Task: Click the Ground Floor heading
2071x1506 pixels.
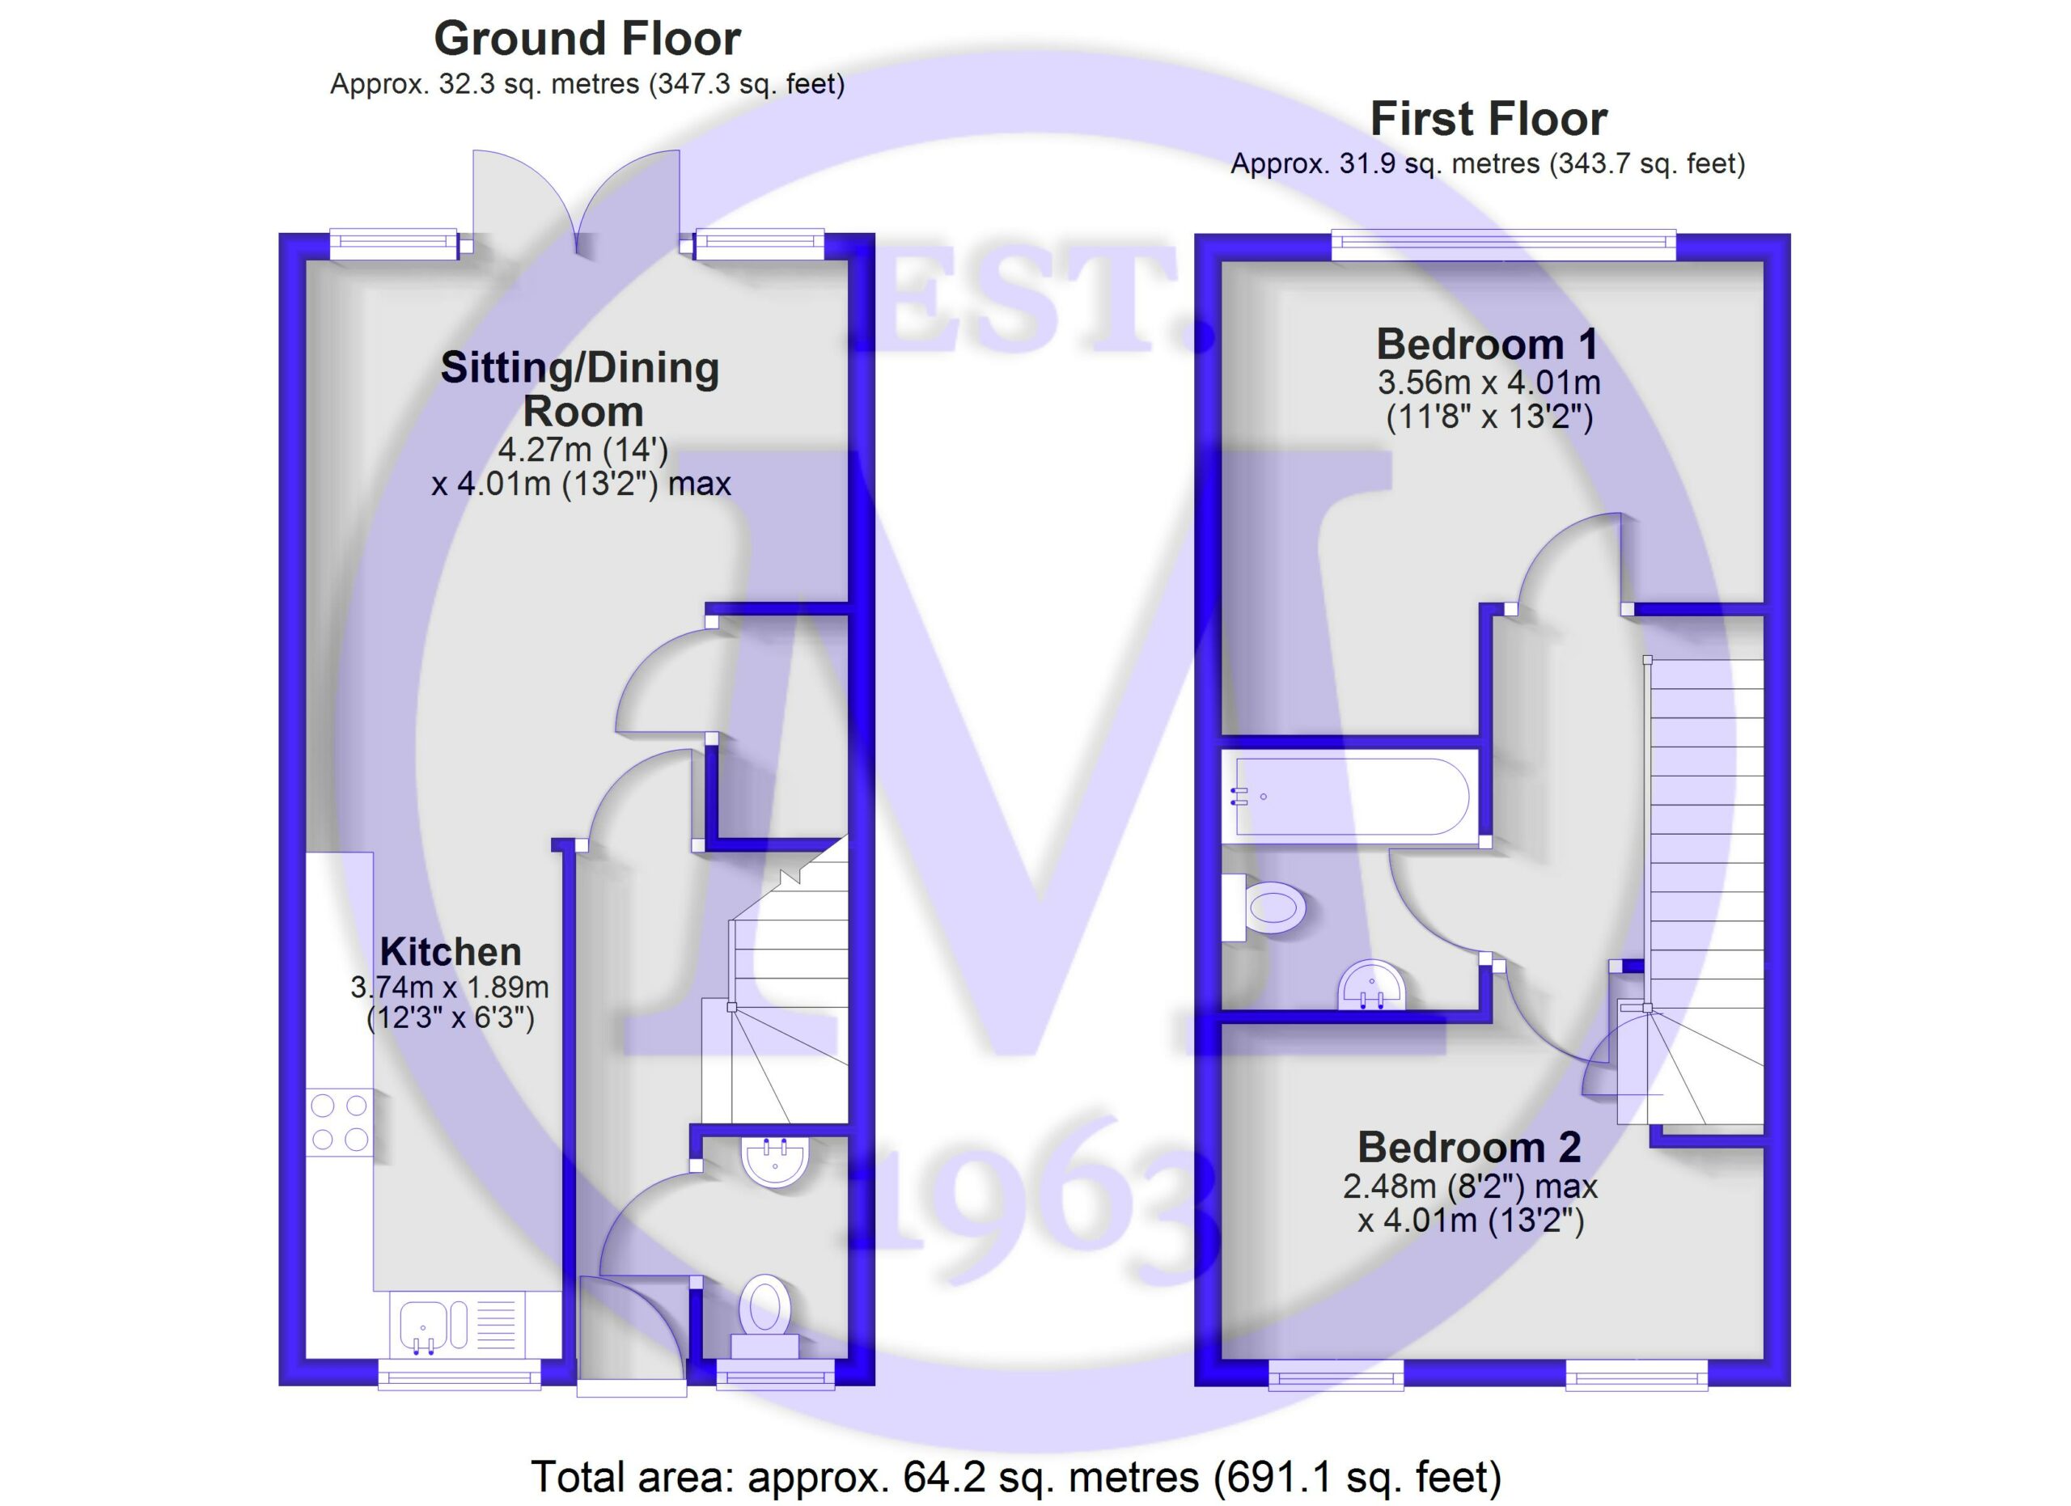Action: (587, 40)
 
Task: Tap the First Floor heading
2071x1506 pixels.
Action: (1489, 120)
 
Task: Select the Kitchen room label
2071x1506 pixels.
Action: (450, 952)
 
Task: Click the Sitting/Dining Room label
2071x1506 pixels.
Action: (581, 390)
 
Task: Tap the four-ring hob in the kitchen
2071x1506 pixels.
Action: (340, 1123)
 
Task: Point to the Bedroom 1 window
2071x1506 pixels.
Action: (1504, 246)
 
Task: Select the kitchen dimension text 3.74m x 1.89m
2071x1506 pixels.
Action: (450, 987)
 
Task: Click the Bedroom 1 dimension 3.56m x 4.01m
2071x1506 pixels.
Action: (1489, 383)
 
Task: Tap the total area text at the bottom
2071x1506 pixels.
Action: (1016, 1477)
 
